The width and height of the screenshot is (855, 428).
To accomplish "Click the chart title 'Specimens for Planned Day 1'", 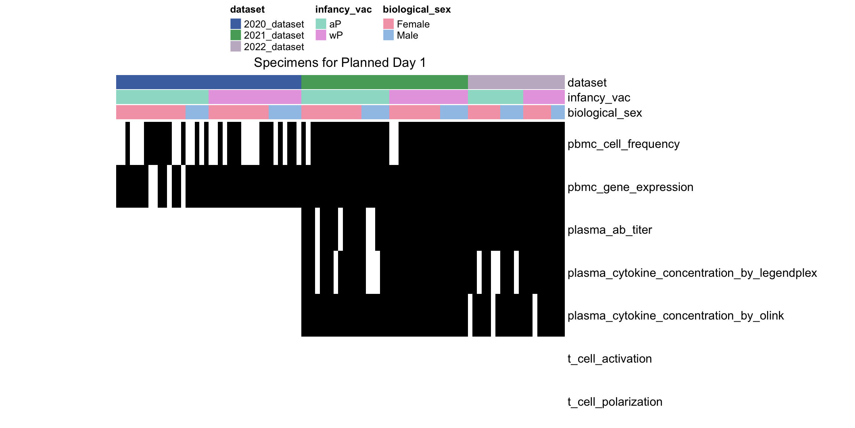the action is click(x=340, y=63).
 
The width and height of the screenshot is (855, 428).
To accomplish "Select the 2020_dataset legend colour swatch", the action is click(x=236, y=24).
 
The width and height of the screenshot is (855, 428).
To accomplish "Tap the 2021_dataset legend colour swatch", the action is click(x=236, y=35).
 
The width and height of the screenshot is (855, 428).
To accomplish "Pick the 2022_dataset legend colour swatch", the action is click(x=236, y=46).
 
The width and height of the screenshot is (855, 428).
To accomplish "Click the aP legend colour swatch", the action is click(x=321, y=24).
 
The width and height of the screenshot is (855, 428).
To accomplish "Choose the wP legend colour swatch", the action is click(x=321, y=35).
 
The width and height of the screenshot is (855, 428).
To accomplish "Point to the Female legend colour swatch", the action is click(x=389, y=24).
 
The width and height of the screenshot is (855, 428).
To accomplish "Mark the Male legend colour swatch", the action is click(x=389, y=35).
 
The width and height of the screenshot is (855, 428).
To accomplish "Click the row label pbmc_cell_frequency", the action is click(x=623, y=144).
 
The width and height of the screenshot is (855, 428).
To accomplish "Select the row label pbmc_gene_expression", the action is click(x=630, y=187).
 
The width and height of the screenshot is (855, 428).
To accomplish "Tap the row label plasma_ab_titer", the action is click(x=609, y=230).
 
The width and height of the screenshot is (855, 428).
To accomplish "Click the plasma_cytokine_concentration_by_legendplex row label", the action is click(x=692, y=273).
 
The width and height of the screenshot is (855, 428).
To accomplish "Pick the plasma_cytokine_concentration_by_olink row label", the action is click(x=675, y=315).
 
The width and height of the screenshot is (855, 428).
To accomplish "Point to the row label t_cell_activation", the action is click(x=609, y=359).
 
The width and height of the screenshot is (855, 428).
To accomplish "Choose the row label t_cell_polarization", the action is click(x=615, y=402).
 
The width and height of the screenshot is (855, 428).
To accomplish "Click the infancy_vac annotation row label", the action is click(x=599, y=97).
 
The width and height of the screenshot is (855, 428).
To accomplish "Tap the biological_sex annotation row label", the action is click(x=605, y=113).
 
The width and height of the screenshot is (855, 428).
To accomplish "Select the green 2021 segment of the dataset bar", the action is click(x=384, y=82).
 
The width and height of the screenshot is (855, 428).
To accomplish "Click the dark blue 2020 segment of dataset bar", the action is click(x=209, y=82).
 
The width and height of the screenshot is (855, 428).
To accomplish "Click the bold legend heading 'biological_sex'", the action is click(x=417, y=9).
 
